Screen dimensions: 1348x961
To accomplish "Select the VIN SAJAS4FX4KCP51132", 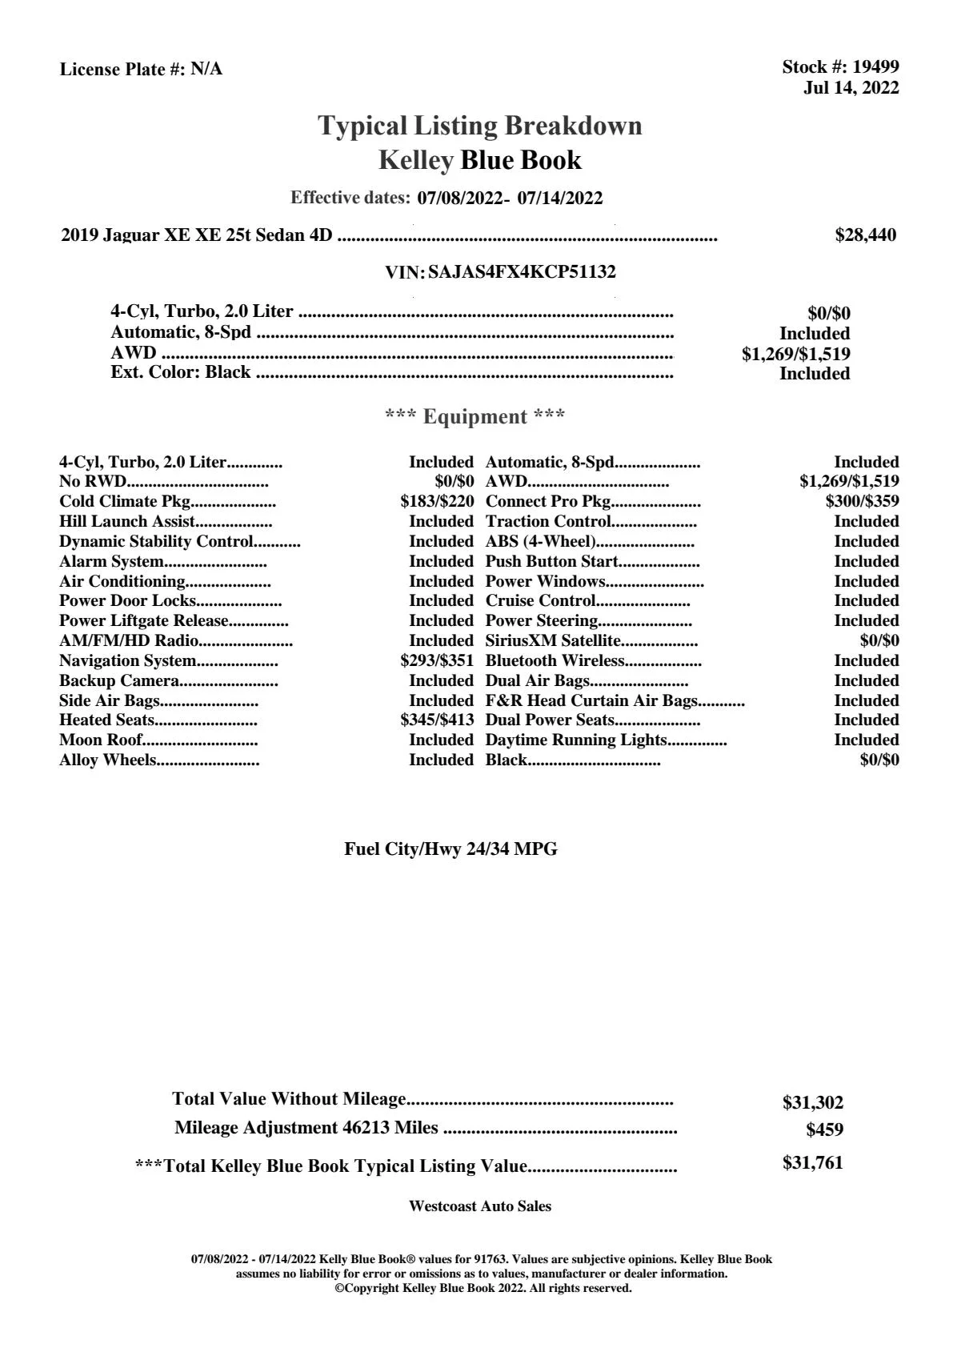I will tap(522, 272).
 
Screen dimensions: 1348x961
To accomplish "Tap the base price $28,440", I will tap(865, 235).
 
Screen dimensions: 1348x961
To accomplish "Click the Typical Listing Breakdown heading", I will tap(480, 126).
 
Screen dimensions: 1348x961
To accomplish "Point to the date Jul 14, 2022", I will tap(851, 88).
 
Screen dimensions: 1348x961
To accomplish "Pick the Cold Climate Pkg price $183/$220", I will tap(437, 502).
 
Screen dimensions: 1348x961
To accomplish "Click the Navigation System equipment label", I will tap(127, 661).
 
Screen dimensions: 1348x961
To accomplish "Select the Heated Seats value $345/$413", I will tap(437, 720).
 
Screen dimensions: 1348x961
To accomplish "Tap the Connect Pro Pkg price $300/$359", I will tap(862, 502).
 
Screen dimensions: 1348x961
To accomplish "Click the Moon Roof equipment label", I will tap(101, 740).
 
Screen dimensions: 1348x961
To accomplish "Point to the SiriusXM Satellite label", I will tap(553, 641).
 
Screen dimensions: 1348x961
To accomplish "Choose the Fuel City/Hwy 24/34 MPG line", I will tap(450, 849).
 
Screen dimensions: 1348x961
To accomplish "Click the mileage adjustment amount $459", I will tap(824, 1130).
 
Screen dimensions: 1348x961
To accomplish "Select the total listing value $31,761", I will tap(812, 1163).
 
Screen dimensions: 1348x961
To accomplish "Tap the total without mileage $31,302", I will tap(812, 1103).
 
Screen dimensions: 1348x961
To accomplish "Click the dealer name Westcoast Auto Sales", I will tap(480, 1206).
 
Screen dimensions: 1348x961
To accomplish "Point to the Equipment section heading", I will tap(474, 417).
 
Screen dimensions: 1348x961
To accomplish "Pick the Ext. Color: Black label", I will tap(180, 373).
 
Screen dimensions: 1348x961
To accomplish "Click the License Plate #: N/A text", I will tap(141, 70).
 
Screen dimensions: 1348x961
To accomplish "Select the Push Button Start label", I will tap(551, 562).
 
